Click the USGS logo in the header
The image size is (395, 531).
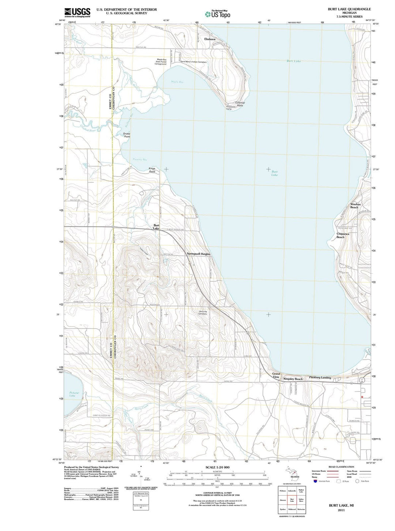coord(77,12)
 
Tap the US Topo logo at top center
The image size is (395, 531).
coord(218,14)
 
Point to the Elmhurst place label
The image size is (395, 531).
coord(210,39)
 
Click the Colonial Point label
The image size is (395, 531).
coord(240,104)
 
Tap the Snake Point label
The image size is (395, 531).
coord(127,135)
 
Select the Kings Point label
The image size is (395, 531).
coord(152,170)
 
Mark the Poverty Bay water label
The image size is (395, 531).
coord(140,160)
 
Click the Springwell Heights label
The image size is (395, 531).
coord(199,254)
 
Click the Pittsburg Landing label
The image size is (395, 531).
coord(320,377)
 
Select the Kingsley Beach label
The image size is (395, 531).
coord(293,379)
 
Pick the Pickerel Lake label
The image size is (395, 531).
coord(72,394)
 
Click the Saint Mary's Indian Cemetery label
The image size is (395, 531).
coord(193,62)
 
